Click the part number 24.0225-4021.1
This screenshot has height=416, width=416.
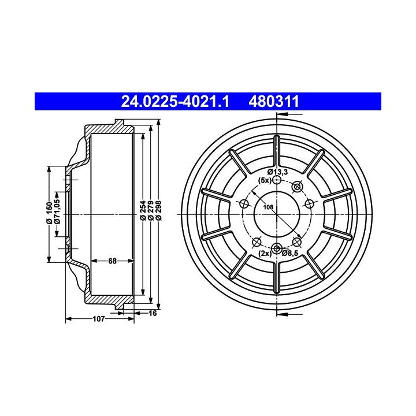pyautogui.click(x=175, y=102)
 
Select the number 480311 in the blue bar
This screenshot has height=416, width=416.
pyautogui.click(x=274, y=102)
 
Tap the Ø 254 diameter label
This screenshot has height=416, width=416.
pyautogui.click(x=143, y=211)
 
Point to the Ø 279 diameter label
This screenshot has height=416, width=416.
pyautogui.click(x=151, y=211)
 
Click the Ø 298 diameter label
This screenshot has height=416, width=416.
pyautogui.click(x=158, y=211)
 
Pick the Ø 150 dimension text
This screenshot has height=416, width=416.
pyautogui.click(x=49, y=213)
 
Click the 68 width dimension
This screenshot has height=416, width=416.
pyautogui.click(x=112, y=261)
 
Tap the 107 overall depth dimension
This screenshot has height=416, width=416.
pyautogui.click(x=99, y=318)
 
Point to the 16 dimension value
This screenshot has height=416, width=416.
pyautogui.click(x=153, y=313)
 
